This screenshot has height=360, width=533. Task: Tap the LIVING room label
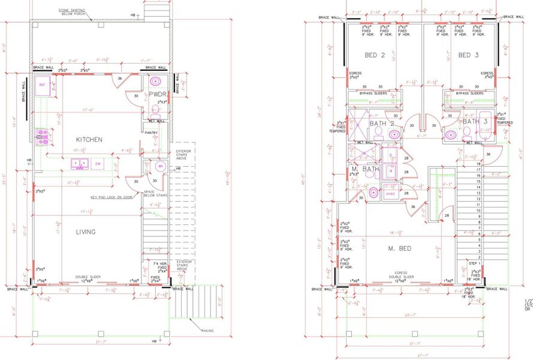[x=86, y=232]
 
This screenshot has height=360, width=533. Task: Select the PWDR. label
[x=158, y=95]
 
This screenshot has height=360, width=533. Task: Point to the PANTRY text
[x=151, y=133]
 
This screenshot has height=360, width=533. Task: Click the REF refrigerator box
[x=43, y=85]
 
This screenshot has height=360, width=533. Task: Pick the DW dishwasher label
[x=98, y=163]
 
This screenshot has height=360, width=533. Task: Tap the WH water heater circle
[x=160, y=166]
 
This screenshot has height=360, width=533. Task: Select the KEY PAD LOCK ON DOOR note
[x=115, y=197]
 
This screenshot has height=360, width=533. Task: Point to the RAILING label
[x=206, y=331]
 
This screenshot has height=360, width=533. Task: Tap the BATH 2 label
[x=381, y=123]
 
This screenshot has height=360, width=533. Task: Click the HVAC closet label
[x=390, y=194]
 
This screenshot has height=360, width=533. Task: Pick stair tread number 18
[x=478, y=163]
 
